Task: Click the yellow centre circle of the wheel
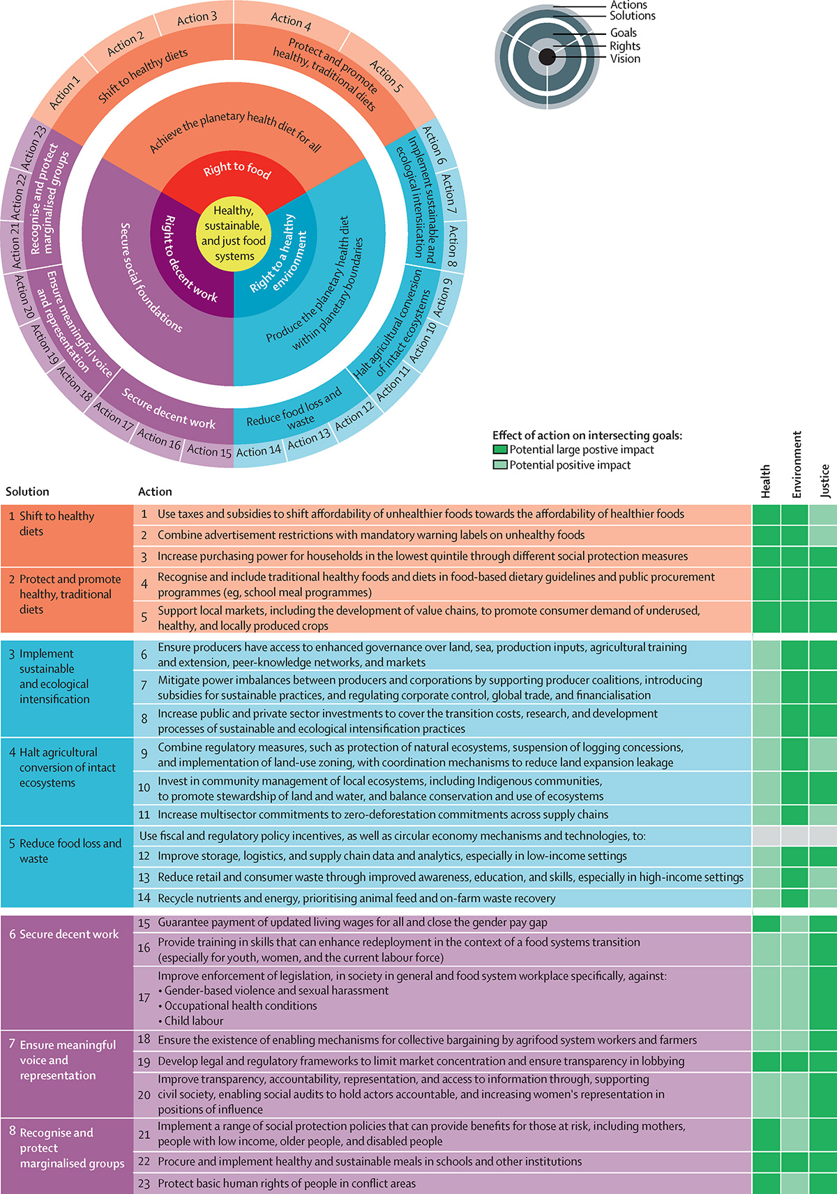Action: coord(234,233)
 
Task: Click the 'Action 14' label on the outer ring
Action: coord(258,451)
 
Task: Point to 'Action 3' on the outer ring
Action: coord(197,18)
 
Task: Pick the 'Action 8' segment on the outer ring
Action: coord(453,246)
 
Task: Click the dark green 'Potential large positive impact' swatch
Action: coord(500,450)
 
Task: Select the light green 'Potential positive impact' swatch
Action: coord(500,465)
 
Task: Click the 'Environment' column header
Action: coord(797,464)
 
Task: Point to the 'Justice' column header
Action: coord(825,481)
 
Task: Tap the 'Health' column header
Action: coord(766,481)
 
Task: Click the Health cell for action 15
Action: coord(767,923)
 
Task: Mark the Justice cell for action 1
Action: coord(823,515)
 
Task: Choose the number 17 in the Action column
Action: coord(144,998)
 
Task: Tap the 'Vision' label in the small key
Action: coord(625,59)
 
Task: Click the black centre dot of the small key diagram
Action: coord(547,56)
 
